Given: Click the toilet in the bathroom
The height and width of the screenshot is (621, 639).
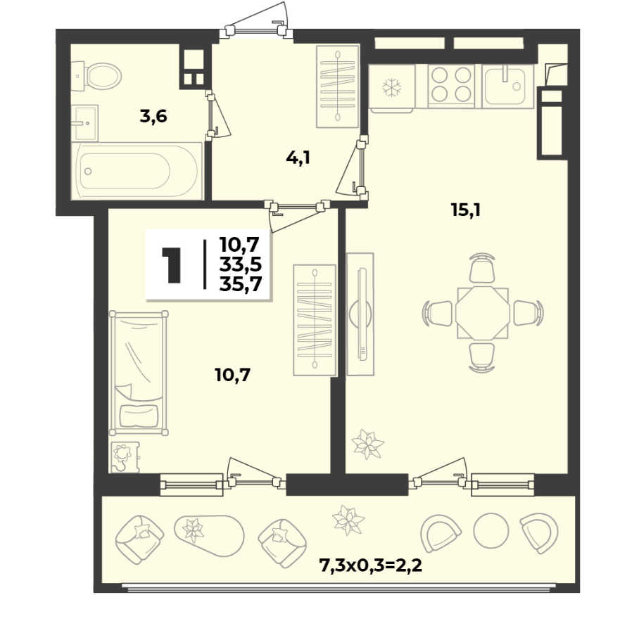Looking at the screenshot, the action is [x=98, y=76].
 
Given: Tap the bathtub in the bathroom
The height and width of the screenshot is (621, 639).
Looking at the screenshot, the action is [x=137, y=171].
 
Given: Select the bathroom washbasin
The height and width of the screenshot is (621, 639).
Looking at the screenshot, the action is [x=84, y=122].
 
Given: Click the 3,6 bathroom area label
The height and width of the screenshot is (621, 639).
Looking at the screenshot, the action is [x=153, y=117].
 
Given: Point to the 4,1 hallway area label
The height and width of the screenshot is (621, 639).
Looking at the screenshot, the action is [x=298, y=158].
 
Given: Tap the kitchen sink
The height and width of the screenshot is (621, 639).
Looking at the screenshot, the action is [x=508, y=86].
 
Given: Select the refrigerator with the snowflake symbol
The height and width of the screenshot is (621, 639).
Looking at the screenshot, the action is [x=391, y=87].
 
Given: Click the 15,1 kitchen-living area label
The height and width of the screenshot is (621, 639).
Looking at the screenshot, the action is [x=466, y=210].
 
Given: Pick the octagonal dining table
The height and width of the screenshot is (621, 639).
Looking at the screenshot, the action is [x=483, y=313].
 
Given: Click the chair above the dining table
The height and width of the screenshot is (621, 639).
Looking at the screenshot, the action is [x=482, y=268].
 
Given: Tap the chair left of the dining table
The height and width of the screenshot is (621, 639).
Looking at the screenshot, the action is [x=438, y=313].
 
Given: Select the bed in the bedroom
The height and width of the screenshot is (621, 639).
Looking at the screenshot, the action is [x=139, y=373].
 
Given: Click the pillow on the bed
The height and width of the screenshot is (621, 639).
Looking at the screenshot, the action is [x=139, y=416].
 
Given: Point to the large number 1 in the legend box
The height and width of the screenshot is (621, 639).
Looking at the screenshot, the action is [x=171, y=264].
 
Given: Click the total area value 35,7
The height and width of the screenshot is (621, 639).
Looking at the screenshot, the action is [x=241, y=284].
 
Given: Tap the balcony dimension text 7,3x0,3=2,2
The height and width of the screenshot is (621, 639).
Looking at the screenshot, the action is [x=370, y=565].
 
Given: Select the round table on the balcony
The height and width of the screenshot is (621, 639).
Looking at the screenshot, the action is [x=491, y=530].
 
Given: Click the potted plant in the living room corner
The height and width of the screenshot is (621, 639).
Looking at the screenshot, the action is [x=367, y=444].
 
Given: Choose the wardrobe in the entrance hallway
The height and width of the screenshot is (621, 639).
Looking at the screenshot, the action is [x=338, y=87].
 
